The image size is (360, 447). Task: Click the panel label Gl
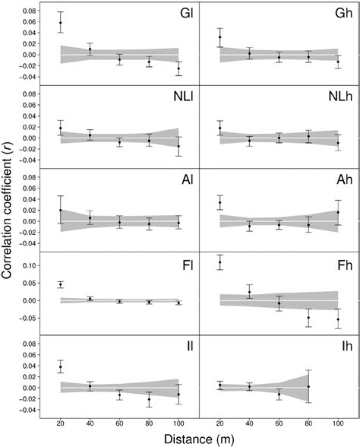pyautogui.click(x=182, y=16)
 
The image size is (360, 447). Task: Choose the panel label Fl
pyautogui.click(x=184, y=265)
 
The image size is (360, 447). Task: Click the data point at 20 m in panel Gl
pyautogui.click(x=61, y=23)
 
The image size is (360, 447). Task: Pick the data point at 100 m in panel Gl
pyautogui.click(x=178, y=69)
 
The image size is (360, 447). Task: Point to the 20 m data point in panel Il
pyautogui.click(x=61, y=367)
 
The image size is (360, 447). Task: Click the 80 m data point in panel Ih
pyautogui.click(x=308, y=387)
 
